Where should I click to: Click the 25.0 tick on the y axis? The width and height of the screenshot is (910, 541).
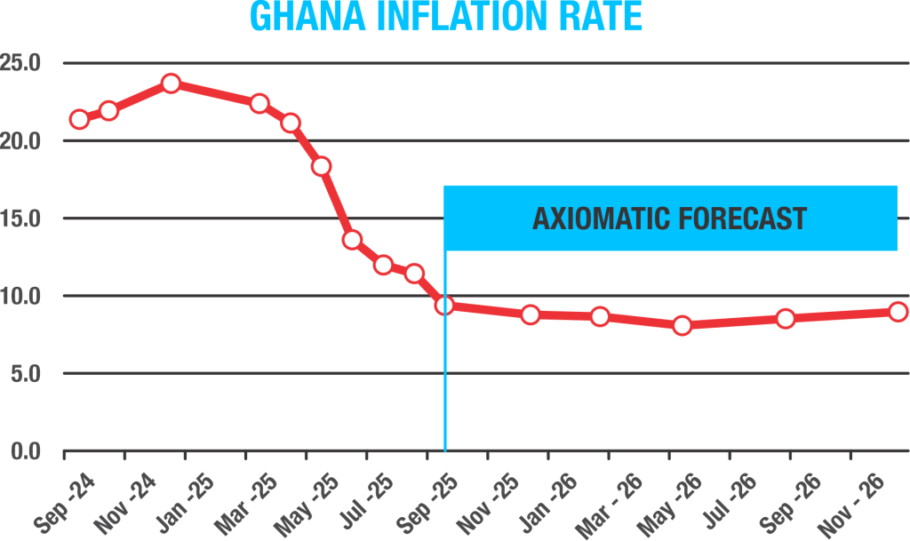pos(22,64)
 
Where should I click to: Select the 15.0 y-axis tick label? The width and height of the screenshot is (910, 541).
pos(22,219)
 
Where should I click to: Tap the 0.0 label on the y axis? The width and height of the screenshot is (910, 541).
pos(27,451)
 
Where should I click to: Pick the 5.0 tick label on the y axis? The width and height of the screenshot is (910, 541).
pos(27,374)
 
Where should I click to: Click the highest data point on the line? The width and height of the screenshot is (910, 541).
pos(171,84)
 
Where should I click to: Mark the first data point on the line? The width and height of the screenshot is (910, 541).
pos(79,119)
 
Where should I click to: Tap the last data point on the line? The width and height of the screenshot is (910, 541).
pos(898,311)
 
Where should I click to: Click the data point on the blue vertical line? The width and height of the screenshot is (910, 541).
pos(444,306)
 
